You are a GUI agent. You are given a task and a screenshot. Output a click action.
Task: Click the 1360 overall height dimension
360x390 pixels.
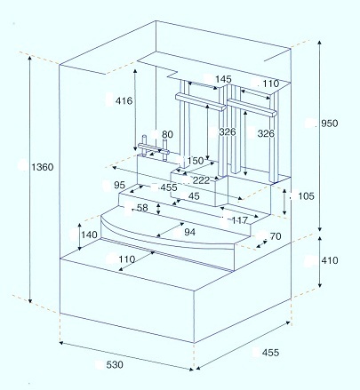point(43,167)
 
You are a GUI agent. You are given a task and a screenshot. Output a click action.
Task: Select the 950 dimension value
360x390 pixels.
point(330,123)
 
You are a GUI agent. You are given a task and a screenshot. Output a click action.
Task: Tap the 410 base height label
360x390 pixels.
point(330,260)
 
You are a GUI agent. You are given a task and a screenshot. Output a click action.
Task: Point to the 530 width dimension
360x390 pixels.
point(115,365)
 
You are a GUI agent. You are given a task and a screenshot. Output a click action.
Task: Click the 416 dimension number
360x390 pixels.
point(124,101)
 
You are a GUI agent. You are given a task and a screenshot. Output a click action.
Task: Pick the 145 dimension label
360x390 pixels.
point(223,79)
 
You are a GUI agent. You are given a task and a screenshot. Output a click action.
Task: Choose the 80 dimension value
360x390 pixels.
point(167,134)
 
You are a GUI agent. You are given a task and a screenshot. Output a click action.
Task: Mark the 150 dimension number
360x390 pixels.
point(196,161)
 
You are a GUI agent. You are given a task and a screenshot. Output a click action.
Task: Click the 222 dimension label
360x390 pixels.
point(201,180)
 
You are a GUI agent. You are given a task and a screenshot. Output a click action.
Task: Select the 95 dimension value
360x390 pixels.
point(119,185)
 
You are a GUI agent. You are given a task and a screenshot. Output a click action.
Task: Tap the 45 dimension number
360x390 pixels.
point(194,196)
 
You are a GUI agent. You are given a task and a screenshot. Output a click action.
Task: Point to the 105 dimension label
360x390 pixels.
point(306,196)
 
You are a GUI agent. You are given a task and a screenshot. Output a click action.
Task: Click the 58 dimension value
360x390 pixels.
point(142,208)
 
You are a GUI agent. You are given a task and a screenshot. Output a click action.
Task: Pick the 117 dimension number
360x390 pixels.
point(239,220)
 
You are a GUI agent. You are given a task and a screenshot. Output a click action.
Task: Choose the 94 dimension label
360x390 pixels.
point(189,232)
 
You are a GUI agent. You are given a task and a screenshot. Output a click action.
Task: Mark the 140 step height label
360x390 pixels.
point(89,235)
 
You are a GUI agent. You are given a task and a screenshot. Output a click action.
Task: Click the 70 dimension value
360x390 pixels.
point(276,236)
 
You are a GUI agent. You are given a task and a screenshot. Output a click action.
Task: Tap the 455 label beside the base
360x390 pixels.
point(270,353)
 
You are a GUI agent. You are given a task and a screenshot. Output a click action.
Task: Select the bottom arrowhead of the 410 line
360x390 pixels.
point(320,285)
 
